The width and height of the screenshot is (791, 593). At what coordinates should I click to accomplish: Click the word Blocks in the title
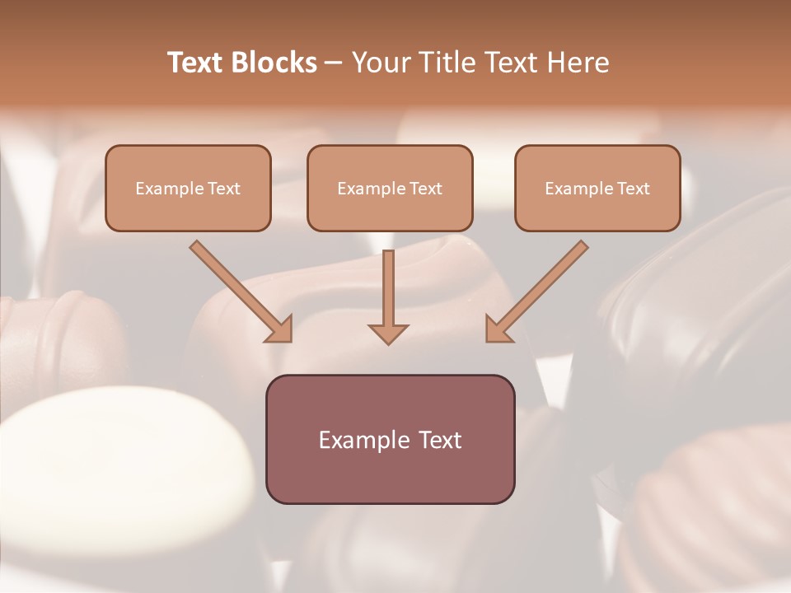pos(275,63)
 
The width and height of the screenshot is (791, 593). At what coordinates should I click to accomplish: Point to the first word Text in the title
pos(198,63)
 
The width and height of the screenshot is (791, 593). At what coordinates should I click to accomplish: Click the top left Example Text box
pos(188,189)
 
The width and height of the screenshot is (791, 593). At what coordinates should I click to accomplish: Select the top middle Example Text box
pos(390,189)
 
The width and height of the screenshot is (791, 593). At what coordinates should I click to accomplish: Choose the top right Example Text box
pos(597,189)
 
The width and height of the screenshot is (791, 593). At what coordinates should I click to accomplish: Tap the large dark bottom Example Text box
pos(390,439)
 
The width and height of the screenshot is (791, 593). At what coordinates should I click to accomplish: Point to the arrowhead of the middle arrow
pos(389,334)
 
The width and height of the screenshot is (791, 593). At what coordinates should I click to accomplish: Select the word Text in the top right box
pos(634,189)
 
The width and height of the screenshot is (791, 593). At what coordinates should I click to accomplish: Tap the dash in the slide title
pos(334,63)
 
